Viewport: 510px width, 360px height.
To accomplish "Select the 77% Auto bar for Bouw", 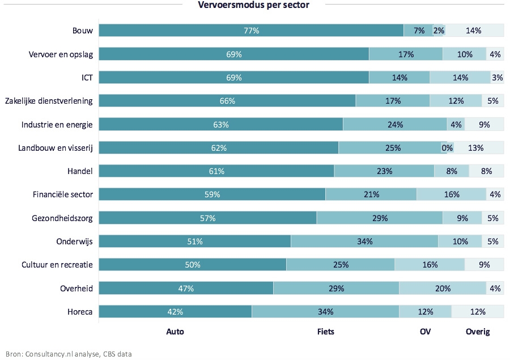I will tap(251, 31).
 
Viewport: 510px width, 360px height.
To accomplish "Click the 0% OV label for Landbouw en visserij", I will tap(447, 148).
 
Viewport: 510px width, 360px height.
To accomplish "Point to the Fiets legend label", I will tap(325, 332).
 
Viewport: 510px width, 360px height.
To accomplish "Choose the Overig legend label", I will tap(477, 332).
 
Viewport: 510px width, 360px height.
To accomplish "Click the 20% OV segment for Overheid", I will tap(442, 289).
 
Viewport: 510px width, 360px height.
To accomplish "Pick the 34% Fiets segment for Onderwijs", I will tap(364, 242).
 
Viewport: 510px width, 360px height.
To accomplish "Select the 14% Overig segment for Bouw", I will tap(474, 31).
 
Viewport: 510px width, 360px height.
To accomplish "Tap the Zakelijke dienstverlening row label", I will tap(49, 101).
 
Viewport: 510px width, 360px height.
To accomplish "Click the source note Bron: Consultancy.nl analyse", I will tap(69, 354).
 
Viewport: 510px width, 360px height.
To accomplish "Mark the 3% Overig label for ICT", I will tap(497, 78).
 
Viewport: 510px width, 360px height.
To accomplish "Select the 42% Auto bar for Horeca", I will tap(175, 312).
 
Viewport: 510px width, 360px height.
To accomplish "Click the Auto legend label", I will tap(175, 332).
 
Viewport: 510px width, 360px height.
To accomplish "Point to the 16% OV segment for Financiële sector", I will tap(451, 194).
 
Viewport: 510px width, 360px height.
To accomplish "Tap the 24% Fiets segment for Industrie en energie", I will tap(395, 125).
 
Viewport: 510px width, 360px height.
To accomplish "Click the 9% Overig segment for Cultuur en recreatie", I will tap(483, 265).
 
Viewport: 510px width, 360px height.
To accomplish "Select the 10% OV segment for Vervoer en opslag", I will tap(464, 54).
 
